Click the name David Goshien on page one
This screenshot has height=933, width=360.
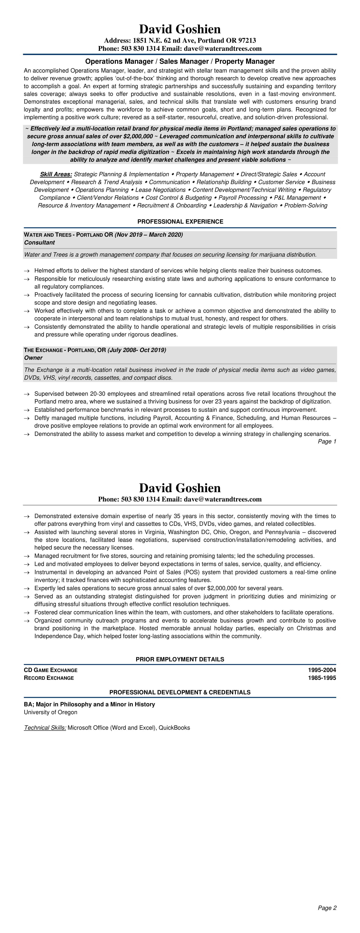(x=180, y=29)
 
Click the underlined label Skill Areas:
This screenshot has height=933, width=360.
(x=56, y=174)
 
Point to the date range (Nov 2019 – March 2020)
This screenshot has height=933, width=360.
(x=149, y=235)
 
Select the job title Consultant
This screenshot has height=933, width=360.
(x=39, y=243)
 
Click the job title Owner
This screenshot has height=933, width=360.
(x=33, y=358)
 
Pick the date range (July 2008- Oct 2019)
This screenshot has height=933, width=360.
(x=137, y=350)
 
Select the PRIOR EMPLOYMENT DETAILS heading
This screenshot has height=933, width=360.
(x=180, y=659)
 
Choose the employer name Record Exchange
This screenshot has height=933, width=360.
(x=49, y=678)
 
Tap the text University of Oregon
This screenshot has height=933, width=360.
(x=51, y=712)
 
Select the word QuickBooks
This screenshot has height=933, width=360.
(x=174, y=728)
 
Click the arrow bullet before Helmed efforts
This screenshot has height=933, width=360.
(x=26, y=271)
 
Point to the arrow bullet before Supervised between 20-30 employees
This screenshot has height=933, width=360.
(x=26, y=394)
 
